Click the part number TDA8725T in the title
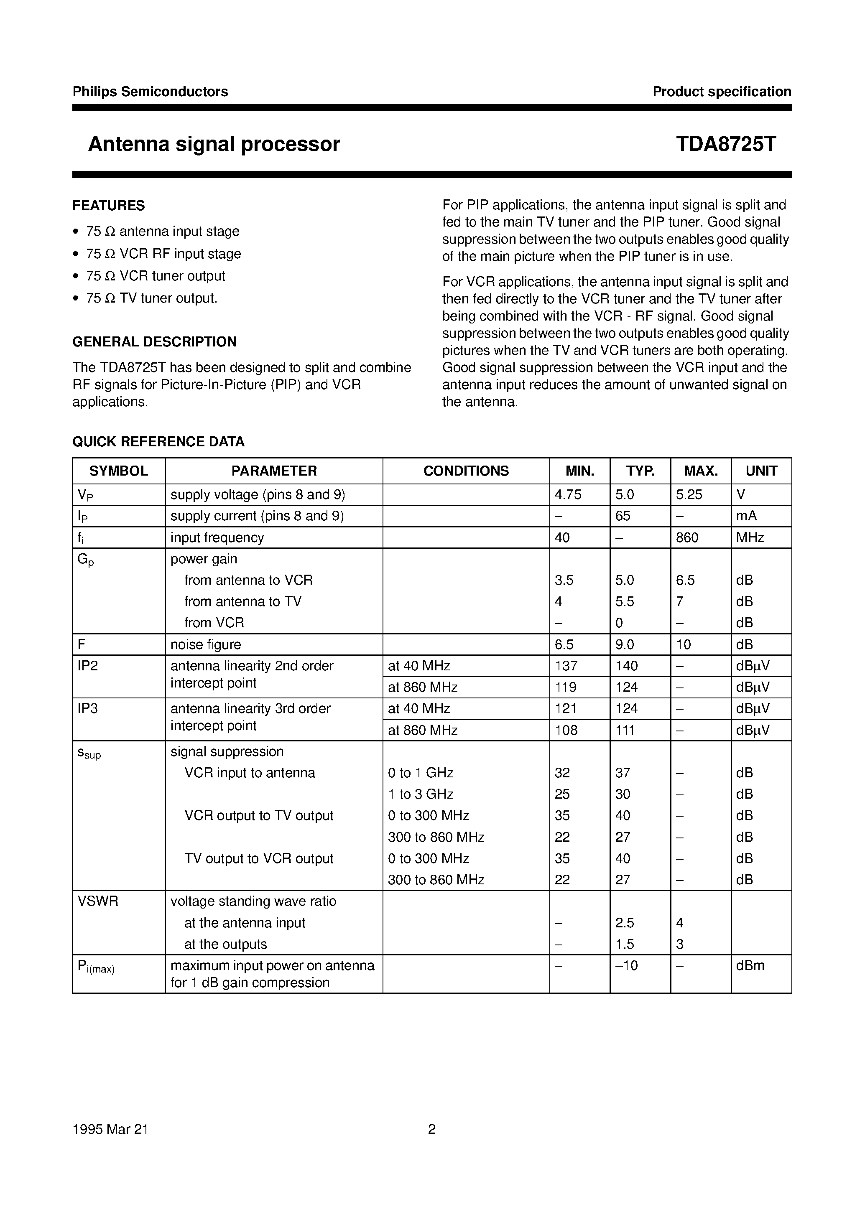click(x=725, y=144)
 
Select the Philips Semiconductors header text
click(x=150, y=92)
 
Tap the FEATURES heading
click(x=109, y=206)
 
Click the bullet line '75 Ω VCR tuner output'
click(x=156, y=276)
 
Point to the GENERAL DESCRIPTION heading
click(x=154, y=342)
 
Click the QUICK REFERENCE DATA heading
click(x=158, y=441)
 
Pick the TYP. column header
click(x=640, y=471)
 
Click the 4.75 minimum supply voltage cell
click(x=568, y=495)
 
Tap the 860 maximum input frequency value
click(x=686, y=538)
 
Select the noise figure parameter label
click(x=206, y=645)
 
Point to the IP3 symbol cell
click(x=88, y=709)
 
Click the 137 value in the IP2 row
click(x=566, y=666)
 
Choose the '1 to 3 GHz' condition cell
click(x=420, y=794)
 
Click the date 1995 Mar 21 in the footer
click(x=110, y=1129)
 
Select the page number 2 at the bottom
click(x=431, y=1129)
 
